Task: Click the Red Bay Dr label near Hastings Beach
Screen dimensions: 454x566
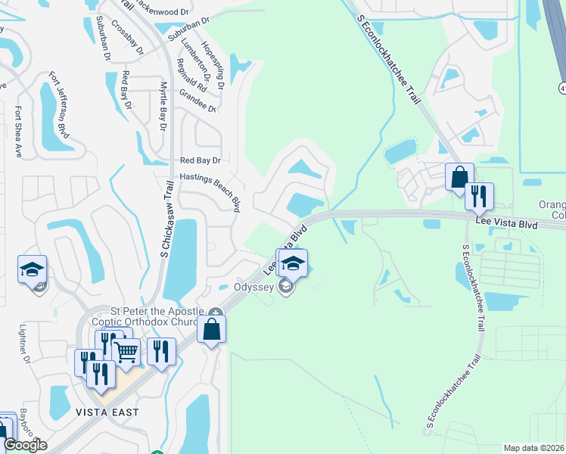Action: [x=200, y=160]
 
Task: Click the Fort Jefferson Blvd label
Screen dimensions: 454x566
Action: [x=60, y=106]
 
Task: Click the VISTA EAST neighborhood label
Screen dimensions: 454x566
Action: [x=107, y=412]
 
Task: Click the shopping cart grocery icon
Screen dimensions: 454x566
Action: [x=126, y=350]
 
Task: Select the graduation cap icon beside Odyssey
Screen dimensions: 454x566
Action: [x=293, y=263]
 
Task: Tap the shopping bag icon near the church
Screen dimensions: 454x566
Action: [x=212, y=328]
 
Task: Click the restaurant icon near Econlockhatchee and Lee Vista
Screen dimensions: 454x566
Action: [x=478, y=196]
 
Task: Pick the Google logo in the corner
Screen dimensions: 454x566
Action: [x=24, y=445]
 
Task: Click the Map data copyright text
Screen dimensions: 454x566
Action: [x=533, y=448]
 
